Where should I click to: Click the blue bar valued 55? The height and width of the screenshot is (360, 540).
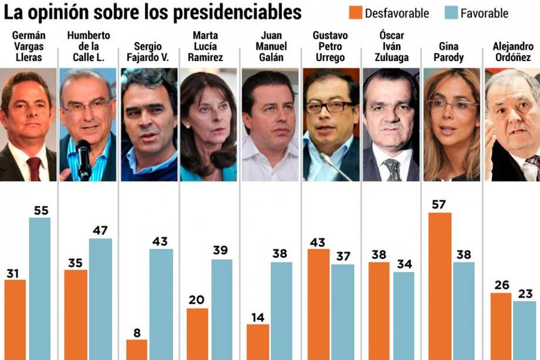(x=40, y=288)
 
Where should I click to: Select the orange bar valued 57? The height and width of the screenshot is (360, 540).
(x=440, y=286)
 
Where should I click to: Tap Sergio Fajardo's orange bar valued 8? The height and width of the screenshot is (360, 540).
(x=137, y=349)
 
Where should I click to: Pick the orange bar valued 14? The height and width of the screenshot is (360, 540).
(x=258, y=342)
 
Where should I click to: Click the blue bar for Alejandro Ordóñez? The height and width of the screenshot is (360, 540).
(x=524, y=330)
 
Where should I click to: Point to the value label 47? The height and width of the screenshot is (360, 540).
(x=100, y=230)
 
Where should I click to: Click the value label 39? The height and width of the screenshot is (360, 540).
(x=221, y=251)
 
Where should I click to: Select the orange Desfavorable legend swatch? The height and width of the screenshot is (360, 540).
(x=356, y=12)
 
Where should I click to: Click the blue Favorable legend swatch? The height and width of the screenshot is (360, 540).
(x=451, y=12)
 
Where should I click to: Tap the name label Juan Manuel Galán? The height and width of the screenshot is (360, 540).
(x=270, y=46)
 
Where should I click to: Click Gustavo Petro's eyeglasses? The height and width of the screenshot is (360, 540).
(x=329, y=107)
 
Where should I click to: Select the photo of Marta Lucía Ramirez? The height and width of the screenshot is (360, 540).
(x=208, y=125)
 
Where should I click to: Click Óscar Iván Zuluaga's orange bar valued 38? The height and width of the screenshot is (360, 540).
(x=379, y=311)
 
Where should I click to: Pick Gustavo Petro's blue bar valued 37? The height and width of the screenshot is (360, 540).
(x=342, y=312)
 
